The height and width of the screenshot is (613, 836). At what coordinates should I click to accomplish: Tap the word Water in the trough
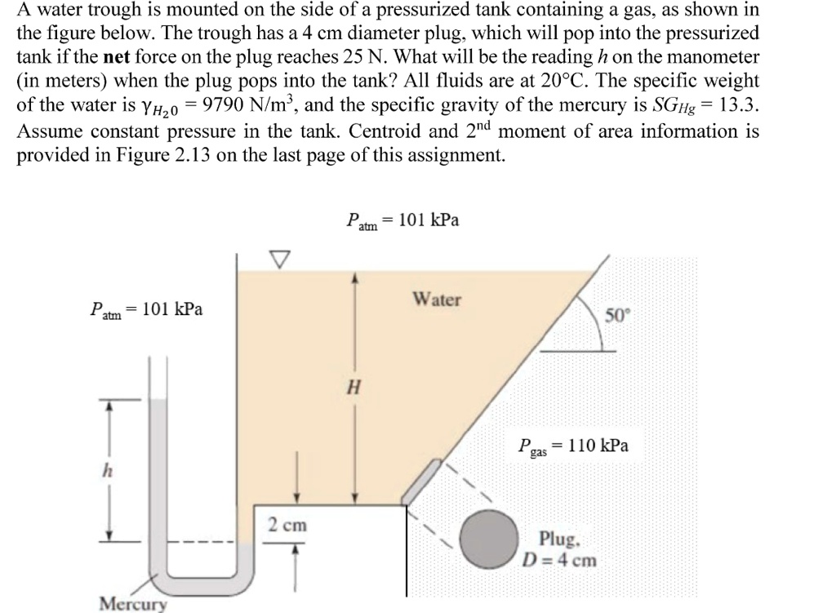click(x=437, y=300)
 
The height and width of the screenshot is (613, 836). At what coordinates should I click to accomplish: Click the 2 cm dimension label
click(x=287, y=525)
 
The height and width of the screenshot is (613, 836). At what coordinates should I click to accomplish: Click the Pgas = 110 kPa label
click(x=573, y=446)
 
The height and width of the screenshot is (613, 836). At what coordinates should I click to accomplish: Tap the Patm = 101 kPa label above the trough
click(x=402, y=220)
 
